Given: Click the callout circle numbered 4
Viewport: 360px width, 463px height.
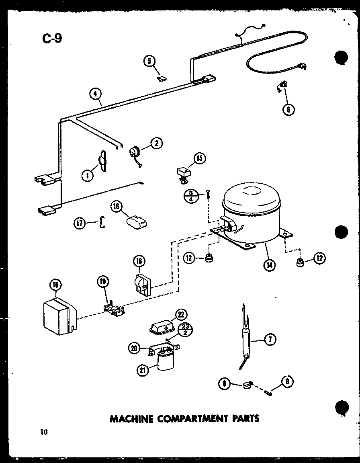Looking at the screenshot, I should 96,94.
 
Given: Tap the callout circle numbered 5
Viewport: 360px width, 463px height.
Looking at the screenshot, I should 149,61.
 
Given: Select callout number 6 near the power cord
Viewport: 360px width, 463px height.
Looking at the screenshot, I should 288,109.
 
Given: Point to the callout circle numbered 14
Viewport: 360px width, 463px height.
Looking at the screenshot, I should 269,265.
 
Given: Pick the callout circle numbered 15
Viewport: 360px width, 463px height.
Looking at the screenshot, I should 199,158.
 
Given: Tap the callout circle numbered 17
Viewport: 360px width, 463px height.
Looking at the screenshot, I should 80,223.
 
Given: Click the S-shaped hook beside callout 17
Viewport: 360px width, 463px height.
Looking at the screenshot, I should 102,222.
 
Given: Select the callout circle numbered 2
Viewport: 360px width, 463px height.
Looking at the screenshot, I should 156,143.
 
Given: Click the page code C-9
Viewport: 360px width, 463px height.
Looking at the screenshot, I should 52,39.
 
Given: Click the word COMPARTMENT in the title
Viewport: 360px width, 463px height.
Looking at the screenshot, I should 192,418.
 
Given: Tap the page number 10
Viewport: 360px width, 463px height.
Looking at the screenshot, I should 43,432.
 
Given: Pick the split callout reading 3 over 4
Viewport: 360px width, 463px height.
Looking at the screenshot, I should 190,197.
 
